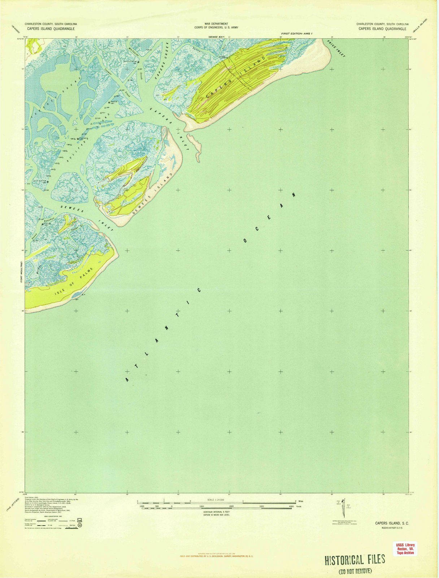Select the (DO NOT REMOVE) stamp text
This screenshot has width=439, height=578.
click(x=355, y=571)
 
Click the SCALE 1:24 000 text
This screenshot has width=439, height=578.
click(x=216, y=500)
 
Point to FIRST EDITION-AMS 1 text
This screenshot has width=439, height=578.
click(x=296, y=33)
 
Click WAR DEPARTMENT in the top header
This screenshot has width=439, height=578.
click(x=216, y=23)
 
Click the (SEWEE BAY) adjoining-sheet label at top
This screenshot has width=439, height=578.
click(x=216, y=36)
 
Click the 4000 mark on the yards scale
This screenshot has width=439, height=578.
click(x=291, y=506)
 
